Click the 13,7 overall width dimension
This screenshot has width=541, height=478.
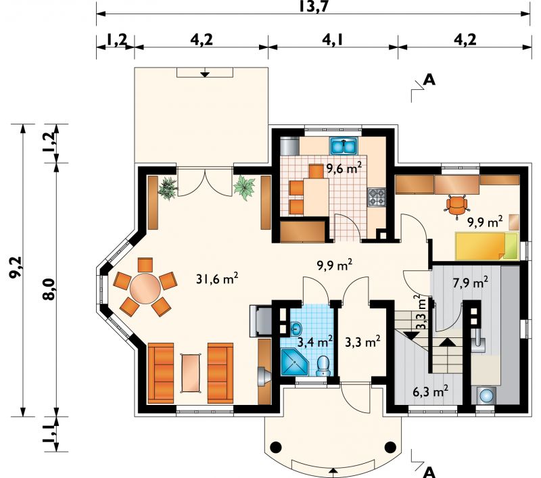pos(313,7)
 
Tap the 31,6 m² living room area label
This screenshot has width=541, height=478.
pos(217,279)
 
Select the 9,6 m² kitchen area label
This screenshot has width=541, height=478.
pos(344,168)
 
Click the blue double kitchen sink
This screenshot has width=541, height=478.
pos(344,146)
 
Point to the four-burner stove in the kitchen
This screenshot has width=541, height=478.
pos(377,197)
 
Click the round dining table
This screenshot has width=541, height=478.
pos(145,288)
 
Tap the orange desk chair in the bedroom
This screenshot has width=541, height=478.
pos(456,206)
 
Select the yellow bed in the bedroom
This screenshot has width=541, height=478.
pos(487,246)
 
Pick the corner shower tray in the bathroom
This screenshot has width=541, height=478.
pos(293,362)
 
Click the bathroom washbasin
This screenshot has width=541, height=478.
pos(296,328)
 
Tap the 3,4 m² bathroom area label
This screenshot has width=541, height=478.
pos(315,342)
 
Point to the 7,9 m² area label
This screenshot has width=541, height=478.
pos(470,283)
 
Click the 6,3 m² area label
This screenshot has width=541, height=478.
pos(431,391)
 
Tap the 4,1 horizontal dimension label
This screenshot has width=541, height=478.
pos(332,40)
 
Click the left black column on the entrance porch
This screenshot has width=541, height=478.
pos(276,448)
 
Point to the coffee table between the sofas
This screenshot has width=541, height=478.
pos(191,373)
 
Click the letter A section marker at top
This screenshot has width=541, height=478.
pos(429,80)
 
